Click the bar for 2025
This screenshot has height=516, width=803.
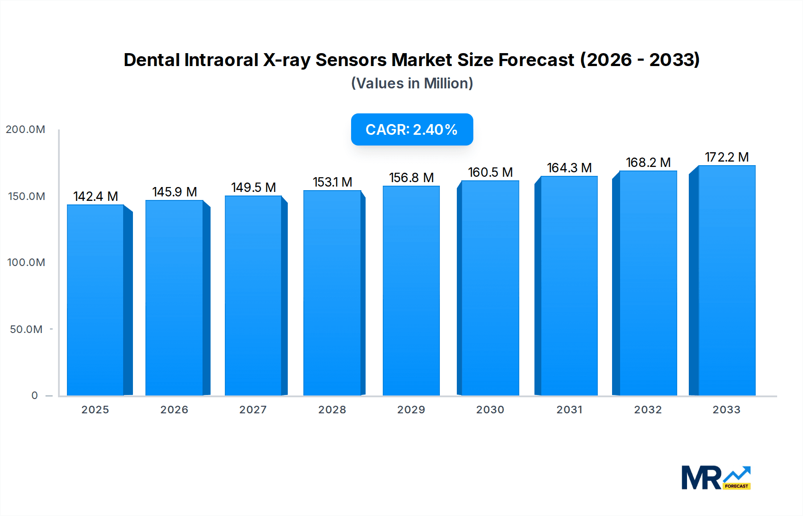click(x=95, y=300)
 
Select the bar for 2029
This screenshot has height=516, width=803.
click(x=411, y=291)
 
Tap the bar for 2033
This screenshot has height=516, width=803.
click(x=726, y=280)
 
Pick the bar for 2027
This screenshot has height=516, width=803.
click(x=253, y=295)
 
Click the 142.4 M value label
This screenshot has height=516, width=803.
click(x=95, y=196)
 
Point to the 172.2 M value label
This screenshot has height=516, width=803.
click(x=726, y=157)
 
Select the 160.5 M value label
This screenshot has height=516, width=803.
click(x=490, y=172)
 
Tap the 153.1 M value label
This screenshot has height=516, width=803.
click(x=332, y=182)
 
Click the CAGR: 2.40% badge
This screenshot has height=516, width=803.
click(x=412, y=129)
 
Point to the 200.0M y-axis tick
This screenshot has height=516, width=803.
click(x=25, y=129)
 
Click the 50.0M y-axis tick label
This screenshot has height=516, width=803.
click(x=26, y=329)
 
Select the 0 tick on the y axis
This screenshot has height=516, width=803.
click(x=34, y=395)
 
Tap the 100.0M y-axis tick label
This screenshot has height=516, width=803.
click(x=26, y=262)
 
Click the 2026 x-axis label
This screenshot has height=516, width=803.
click(x=174, y=410)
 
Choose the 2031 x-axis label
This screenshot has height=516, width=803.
click(x=569, y=410)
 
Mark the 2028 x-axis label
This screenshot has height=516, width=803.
click(x=332, y=410)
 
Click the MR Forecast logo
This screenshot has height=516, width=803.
click(x=716, y=478)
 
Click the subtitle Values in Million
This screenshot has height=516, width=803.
click(x=412, y=83)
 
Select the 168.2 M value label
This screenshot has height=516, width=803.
click(x=648, y=162)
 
